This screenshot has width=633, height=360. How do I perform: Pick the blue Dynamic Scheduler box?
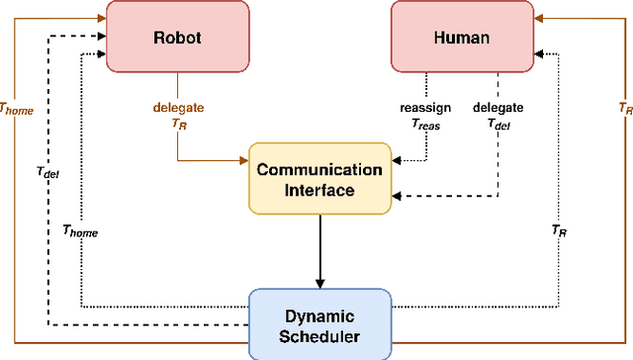point(319,323)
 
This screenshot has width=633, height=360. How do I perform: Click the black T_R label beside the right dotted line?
point(559,229)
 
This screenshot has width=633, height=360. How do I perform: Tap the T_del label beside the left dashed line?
point(46,174)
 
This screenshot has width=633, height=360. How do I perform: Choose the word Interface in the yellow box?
point(319,190)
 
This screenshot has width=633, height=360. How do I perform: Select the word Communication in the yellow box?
point(319,169)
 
